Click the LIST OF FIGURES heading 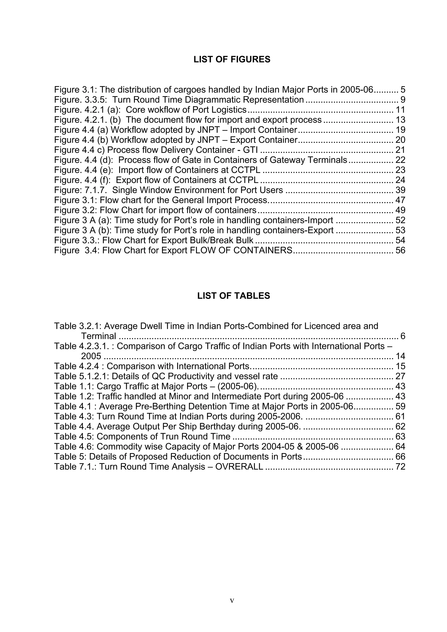[x=232, y=60]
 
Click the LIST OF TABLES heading [x=233, y=296]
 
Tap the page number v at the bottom [x=232, y=601]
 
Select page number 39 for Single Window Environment [x=400, y=190]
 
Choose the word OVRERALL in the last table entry [x=239, y=467]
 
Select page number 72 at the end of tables [x=400, y=467]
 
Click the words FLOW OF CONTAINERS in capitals [x=241, y=250]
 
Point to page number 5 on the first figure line [x=403, y=90]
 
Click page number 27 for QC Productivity [x=400, y=376]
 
